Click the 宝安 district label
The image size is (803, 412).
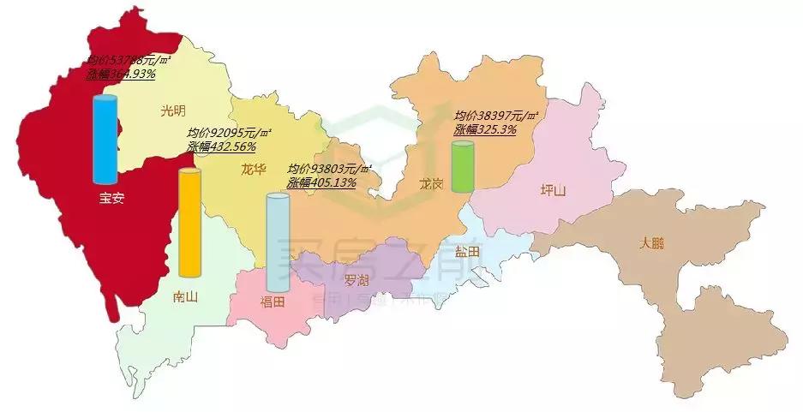coord(112,198)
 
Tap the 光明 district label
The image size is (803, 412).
coord(172,110)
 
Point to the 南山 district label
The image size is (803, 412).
coord(185,296)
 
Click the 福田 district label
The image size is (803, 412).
coord(277,302)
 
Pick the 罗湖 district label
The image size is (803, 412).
coord(357,280)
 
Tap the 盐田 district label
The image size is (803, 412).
coord(468,251)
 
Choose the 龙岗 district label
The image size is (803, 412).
coord(432,184)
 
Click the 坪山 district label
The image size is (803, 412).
coord(554,190)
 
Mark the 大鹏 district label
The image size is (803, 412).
coord(652,242)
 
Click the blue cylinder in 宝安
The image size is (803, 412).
coord(105,140)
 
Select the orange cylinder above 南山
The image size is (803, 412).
coord(189,223)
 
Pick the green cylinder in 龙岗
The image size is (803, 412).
coord(463,166)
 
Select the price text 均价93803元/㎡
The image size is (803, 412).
coord(330,169)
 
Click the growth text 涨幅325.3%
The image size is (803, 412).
coord(485,129)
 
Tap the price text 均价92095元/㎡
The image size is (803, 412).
coord(229,133)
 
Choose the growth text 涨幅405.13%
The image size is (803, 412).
coord(322,182)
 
